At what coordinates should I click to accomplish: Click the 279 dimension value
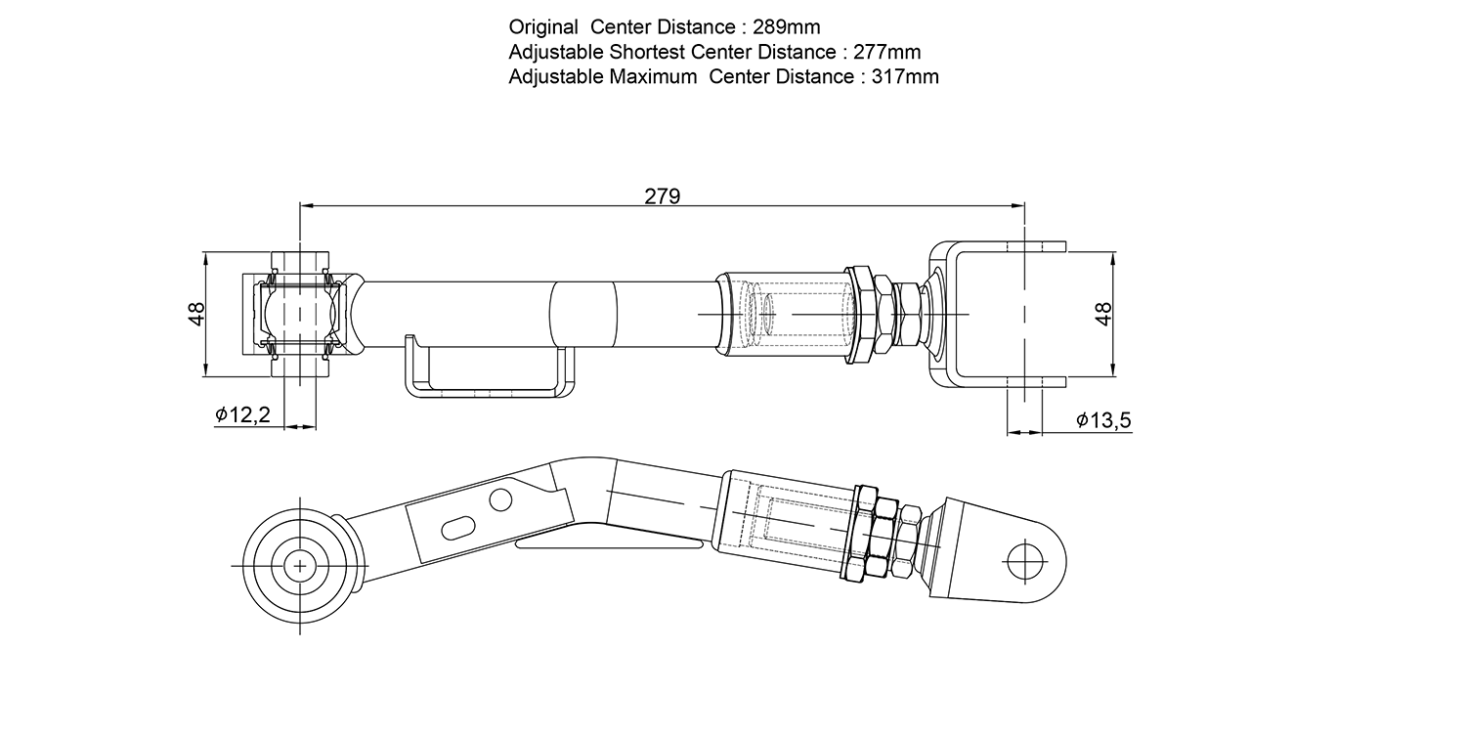[663, 195]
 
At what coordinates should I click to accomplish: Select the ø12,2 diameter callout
[242, 413]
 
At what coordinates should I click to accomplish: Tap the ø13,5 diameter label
[1103, 419]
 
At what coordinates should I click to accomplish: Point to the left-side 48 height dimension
[196, 314]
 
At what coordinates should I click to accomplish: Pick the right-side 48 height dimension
[1103, 314]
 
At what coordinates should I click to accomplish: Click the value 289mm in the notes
[786, 26]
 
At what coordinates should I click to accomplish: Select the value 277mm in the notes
[886, 52]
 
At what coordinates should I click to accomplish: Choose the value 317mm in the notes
[905, 76]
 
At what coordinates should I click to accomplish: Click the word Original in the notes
[543, 27]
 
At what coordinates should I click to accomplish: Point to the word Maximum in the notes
[653, 76]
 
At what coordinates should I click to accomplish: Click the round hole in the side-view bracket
[500, 499]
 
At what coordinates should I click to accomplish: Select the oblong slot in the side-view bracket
[458, 527]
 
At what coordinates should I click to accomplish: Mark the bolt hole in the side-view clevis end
[1025, 562]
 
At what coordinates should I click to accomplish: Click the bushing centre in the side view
[300, 566]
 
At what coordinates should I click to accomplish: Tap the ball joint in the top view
[300, 314]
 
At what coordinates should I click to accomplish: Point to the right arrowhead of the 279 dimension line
[1017, 205]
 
